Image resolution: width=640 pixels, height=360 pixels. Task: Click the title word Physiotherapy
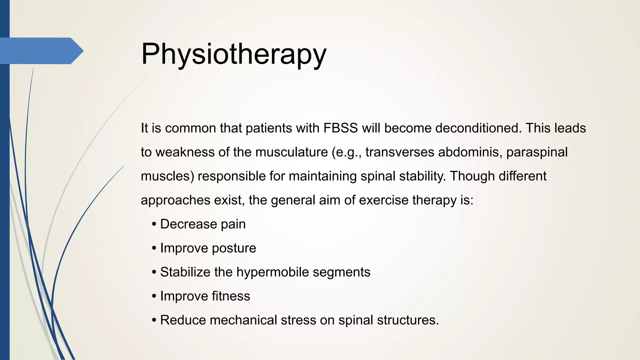(233, 54)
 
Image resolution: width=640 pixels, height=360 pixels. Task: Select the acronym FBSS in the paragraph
(341, 128)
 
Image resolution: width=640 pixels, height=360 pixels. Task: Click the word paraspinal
(537, 152)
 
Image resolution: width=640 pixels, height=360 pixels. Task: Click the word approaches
(175, 200)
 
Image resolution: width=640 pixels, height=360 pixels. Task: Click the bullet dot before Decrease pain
(154, 224)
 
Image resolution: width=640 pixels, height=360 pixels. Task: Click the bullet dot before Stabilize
(154, 272)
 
